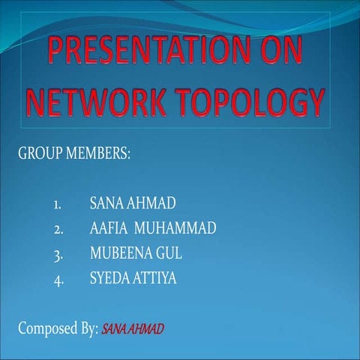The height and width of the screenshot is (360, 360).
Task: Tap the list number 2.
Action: click(58, 229)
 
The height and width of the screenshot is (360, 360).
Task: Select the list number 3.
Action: click(58, 253)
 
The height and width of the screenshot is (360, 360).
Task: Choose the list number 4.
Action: click(58, 279)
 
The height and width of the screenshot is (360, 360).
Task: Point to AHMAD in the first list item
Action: click(148, 203)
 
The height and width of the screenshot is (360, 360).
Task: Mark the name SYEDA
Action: click(109, 278)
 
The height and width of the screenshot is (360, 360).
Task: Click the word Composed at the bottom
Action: click(49, 328)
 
